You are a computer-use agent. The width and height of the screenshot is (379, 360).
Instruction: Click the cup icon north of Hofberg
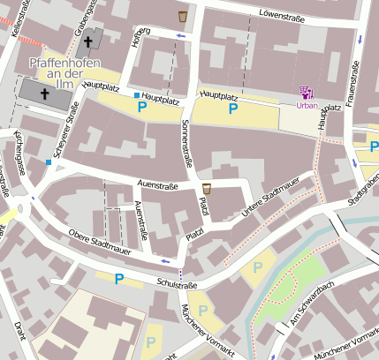tap(183, 16)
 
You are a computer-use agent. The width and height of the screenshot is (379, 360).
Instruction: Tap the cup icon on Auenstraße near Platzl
tap(207, 188)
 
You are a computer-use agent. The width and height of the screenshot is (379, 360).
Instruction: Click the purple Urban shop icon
tap(307, 92)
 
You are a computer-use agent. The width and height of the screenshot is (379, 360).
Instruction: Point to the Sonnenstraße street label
tap(186, 146)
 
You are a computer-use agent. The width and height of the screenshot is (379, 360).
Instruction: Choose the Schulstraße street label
tap(177, 284)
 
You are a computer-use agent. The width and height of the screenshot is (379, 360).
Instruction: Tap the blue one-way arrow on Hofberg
tap(181, 36)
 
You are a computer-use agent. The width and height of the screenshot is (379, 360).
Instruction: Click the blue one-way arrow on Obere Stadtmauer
tap(165, 261)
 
